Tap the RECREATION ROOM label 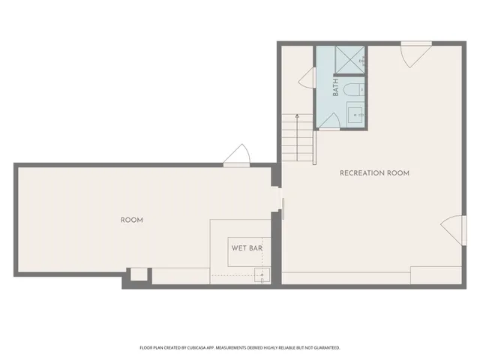click(374, 173)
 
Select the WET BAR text click(245, 247)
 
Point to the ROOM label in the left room click(132, 220)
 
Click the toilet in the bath click(352, 91)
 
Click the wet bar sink click(261, 274)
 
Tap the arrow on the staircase click(298, 118)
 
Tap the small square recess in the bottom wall click(138, 274)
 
